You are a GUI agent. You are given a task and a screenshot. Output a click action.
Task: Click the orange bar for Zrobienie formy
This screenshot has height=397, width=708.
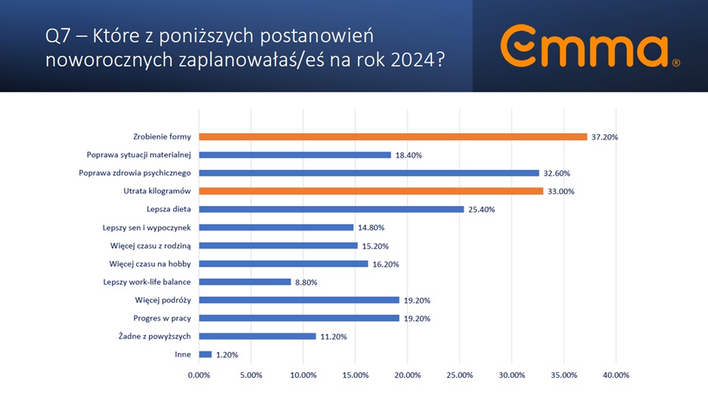pyautogui.click(x=393, y=136)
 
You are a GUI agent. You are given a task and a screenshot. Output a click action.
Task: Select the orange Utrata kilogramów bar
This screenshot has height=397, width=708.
pyautogui.click(x=371, y=191)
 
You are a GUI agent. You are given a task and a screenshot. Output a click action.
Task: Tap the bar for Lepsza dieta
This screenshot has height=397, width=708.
pyautogui.click(x=331, y=209)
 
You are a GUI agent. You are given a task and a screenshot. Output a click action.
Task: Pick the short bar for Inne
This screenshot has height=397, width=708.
pyautogui.click(x=205, y=354)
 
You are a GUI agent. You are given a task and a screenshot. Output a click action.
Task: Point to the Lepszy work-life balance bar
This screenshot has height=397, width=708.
pyautogui.click(x=244, y=282)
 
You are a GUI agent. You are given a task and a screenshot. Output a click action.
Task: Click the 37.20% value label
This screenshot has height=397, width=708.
pyautogui.click(x=605, y=137)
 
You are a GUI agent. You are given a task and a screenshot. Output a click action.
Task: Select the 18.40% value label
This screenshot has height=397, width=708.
pyautogui.click(x=409, y=155)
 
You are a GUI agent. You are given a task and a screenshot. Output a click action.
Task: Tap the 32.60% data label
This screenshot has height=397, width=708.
pyautogui.click(x=557, y=173)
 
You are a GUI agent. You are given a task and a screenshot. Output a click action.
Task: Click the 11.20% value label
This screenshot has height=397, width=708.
pyautogui.click(x=334, y=336)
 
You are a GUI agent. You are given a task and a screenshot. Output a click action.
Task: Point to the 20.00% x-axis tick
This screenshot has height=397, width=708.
pyautogui.click(x=408, y=374)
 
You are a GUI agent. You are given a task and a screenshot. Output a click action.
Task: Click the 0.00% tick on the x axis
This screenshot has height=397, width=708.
pyautogui.click(x=199, y=374)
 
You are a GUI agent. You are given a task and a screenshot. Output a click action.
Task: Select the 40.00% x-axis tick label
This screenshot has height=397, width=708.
pyautogui.click(x=616, y=374)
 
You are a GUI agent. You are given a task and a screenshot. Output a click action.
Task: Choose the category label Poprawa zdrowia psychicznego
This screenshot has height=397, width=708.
pyautogui.click(x=135, y=173)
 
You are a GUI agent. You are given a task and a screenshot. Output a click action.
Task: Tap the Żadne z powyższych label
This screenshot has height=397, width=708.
pyautogui.click(x=154, y=336)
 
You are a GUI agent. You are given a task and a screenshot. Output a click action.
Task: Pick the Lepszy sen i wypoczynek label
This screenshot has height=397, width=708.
pyautogui.click(x=146, y=227)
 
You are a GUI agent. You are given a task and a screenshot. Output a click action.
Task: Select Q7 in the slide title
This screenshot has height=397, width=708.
pyautogui.click(x=59, y=36)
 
